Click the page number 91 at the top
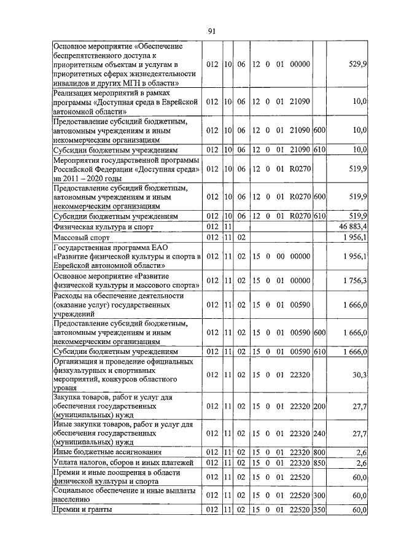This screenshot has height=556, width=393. (212, 31)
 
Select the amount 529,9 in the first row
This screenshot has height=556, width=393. (357, 64)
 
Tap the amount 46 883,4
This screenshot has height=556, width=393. (352, 227)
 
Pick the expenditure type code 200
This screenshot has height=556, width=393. (319, 406)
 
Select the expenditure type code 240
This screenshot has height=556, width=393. (319, 434)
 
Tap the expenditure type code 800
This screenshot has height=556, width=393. (319, 452)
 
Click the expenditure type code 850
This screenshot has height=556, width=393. (319, 462)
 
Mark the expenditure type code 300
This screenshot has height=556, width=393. (319, 495)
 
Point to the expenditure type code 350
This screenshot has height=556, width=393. (319, 510)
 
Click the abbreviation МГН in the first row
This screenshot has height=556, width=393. (131, 82)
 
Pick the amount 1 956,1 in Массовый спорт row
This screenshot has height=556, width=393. (355, 237)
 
